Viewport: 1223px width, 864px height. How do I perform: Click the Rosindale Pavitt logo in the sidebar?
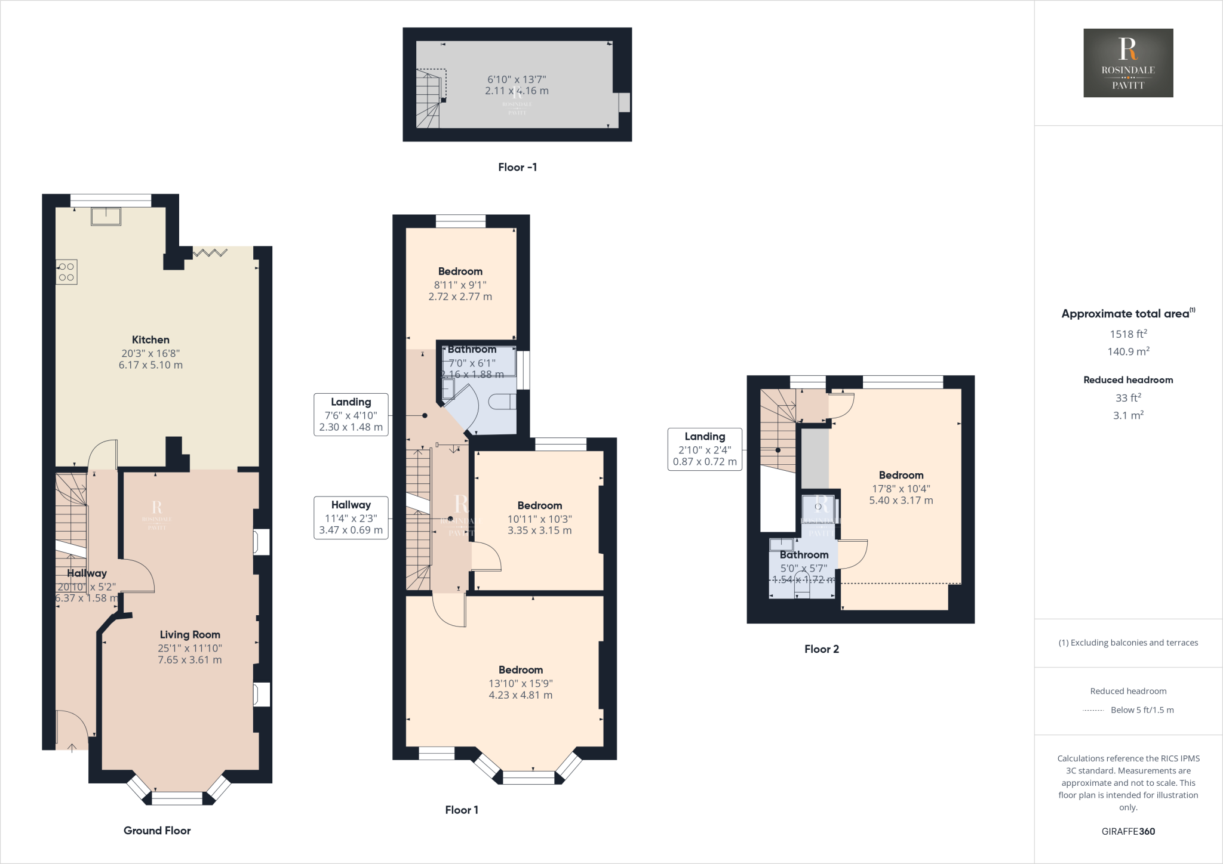tap(1128, 63)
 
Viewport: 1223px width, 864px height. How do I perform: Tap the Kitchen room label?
tap(150, 340)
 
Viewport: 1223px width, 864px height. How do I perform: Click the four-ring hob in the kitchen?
tap(66, 272)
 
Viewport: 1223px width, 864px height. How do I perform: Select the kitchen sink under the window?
tap(106, 216)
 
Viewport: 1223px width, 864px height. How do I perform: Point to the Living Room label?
tap(190, 635)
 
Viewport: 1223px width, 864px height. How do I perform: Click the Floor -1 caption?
tap(517, 168)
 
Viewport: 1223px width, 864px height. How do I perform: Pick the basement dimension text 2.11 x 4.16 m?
tap(517, 91)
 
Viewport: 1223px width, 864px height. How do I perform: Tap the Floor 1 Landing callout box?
tap(351, 414)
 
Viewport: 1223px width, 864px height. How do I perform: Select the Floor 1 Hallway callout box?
tap(351, 517)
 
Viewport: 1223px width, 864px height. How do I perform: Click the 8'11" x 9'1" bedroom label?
tap(460, 284)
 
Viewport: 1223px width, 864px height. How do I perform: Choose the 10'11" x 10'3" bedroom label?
tap(539, 518)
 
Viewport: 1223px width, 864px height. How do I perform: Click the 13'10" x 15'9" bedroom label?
tap(521, 683)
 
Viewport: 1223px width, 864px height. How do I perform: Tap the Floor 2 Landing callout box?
tap(705, 449)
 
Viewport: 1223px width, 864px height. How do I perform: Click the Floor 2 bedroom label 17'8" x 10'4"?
tap(901, 487)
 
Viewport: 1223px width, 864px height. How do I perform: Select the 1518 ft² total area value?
tap(1128, 334)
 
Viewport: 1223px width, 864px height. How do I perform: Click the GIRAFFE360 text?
tap(1128, 831)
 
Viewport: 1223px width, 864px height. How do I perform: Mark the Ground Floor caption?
tap(157, 831)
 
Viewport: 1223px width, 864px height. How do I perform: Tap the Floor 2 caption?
tap(821, 649)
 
